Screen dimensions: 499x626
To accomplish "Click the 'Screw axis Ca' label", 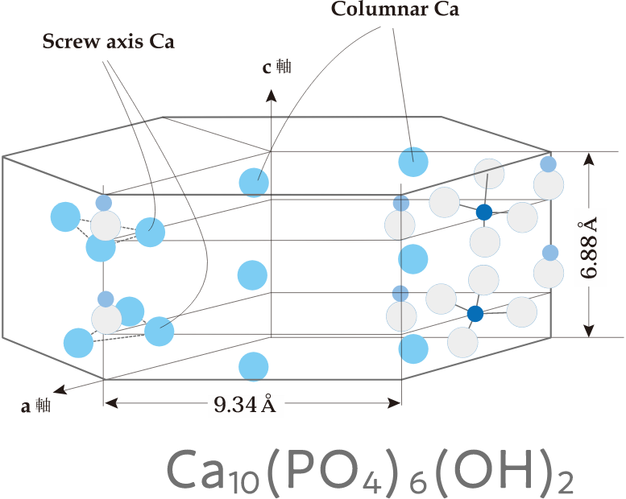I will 108,41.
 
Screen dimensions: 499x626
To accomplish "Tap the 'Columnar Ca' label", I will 395,10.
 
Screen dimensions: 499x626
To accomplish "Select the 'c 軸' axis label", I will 276,68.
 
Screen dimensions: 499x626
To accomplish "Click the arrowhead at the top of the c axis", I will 272,94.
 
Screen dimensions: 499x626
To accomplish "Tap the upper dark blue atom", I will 483,212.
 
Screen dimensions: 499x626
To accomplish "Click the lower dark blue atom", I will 475,314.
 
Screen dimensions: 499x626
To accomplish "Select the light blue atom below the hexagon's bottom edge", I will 254,366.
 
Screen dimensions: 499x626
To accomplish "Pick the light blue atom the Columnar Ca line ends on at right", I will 413,162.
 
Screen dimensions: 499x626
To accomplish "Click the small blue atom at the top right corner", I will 549,164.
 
